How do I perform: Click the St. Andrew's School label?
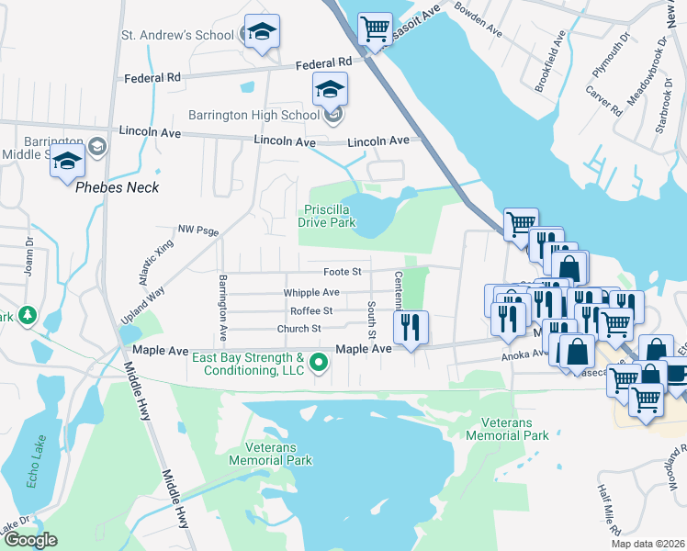pos(179,36)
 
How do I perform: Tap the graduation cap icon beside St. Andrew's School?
pos(262,31)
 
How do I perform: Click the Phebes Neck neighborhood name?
pos(117,187)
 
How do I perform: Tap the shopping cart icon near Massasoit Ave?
pos(374,29)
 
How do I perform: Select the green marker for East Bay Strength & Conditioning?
pos(320,363)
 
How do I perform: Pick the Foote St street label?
pos(343,273)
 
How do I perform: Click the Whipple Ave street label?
pos(311,292)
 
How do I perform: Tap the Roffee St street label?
pos(310,310)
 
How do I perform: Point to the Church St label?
pos(299,329)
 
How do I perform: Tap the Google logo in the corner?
pos(30,540)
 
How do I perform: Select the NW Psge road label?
pos(198,231)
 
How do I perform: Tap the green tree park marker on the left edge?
pos(28,316)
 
